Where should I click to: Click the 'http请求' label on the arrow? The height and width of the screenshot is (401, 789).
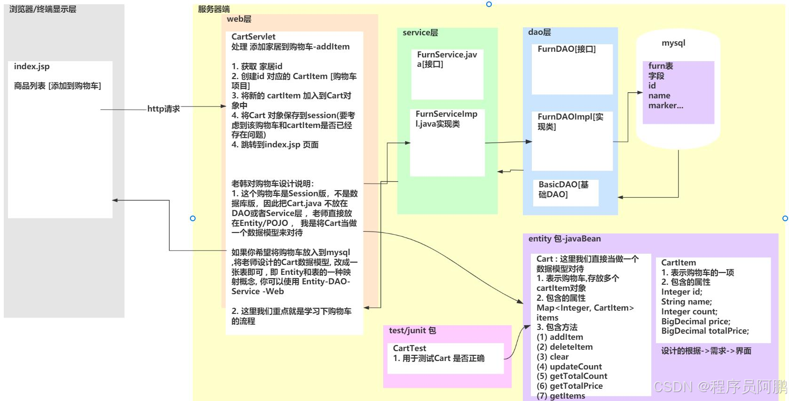click(x=163, y=109)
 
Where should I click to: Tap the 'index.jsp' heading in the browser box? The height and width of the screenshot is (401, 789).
click(x=32, y=66)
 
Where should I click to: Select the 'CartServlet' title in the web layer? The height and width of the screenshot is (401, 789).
click(x=253, y=37)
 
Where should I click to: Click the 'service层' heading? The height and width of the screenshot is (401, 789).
click(x=420, y=32)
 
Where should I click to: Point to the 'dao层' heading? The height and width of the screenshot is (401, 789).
click(x=539, y=32)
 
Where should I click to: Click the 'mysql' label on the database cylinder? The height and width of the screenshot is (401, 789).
click(x=673, y=43)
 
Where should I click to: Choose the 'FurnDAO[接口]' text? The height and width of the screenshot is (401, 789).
click(x=567, y=49)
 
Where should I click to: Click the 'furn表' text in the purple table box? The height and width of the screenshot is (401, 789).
click(x=660, y=66)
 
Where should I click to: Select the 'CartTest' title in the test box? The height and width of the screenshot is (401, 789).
click(x=410, y=348)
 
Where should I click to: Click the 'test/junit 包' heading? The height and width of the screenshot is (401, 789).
click(x=412, y=330)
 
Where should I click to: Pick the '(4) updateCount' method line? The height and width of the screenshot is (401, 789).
click(x=569, y=367)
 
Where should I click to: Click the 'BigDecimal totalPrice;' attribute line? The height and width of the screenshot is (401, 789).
click(x=705, y=331)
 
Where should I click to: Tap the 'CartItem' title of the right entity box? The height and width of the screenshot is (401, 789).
click(x=678, y=263)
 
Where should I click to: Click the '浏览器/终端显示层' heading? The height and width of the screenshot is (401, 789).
click(x=43, y=9)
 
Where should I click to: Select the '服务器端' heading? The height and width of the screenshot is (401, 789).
click(x=214, y=9)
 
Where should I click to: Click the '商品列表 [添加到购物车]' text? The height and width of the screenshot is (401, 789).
click(x=57, y=86)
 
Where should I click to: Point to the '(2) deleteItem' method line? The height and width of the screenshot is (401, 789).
click(x=564, y=347)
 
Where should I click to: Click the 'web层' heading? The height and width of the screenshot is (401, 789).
click(x=239, y=19)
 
